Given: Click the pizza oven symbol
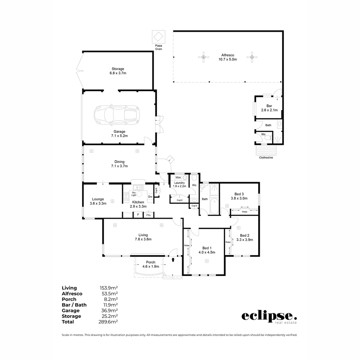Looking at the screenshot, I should click(x=158, y=36).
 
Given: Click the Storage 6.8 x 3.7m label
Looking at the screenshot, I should click(x=118, y=71).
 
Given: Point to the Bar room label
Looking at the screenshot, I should click(x=269, y=108).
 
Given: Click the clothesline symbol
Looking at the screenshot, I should click(x=266, y=150).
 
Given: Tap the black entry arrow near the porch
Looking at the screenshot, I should click(x=173, y=259).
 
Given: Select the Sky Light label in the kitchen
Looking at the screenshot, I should click(x=134, y=194).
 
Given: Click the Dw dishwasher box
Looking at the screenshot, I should click(x=150, y=197).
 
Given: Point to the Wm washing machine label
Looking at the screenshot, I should click(x=178, y=178).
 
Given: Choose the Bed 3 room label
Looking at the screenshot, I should click(x=239, y=196).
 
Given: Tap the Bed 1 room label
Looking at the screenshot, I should click(x=207, y=250).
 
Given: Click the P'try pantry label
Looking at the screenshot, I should click(x=148, y=215).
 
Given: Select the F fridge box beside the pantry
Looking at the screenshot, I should click(x=138, y=215).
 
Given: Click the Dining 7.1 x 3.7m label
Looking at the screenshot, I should click(x=119, y=164).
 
